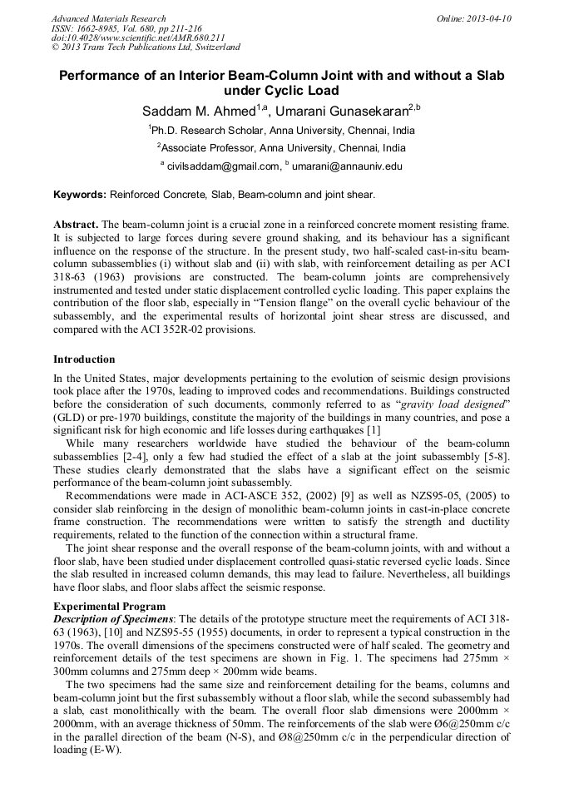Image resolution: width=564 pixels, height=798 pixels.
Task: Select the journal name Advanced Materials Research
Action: (x=108, y=18)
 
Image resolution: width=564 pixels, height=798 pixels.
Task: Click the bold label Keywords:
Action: (x=80, y=195)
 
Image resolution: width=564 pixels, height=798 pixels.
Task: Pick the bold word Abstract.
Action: (x=76, y=226)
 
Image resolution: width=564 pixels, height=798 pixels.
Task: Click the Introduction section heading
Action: (x=84, y=359)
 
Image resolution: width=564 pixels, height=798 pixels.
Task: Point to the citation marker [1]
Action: (x=374, y=429)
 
